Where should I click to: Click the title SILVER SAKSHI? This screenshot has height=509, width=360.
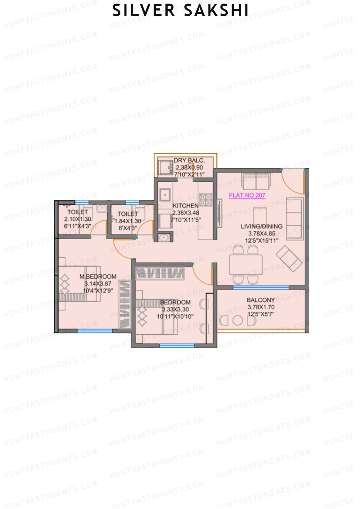[180, 10]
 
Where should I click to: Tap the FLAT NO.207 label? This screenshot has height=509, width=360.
[247, 195]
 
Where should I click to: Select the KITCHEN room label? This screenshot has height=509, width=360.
[185, 206]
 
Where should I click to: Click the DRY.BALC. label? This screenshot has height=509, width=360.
[189, 160]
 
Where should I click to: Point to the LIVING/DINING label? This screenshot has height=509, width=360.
[262, 226]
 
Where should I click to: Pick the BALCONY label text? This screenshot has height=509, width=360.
[261, 300]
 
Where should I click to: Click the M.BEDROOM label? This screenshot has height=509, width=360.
[98, 277]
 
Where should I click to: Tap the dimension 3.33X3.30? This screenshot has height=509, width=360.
[175, 310]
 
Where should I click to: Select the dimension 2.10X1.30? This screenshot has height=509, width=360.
[77, 219]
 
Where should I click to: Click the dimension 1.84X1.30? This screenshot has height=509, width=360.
[128, 221]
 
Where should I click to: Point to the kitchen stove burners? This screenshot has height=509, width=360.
[205, 200]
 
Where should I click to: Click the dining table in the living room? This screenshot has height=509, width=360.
[246, 265]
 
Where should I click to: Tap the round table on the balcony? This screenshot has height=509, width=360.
[237, 320]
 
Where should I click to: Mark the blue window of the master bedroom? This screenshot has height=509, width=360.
[95, 331]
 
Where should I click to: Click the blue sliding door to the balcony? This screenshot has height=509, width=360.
[261, 288]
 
